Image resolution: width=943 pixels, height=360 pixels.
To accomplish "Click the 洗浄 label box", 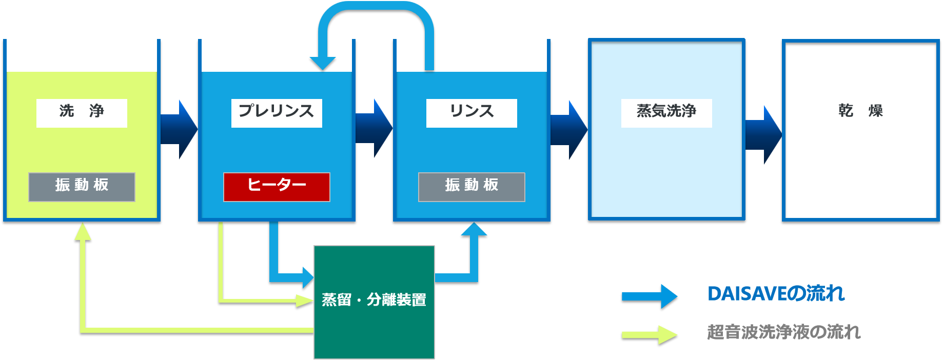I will (x=82, y=113).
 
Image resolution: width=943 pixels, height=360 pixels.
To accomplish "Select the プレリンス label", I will (x=277, y=113).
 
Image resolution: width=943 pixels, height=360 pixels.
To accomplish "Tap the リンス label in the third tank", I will (x=472, y=113).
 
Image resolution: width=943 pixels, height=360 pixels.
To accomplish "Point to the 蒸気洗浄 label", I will (x=666, y=113).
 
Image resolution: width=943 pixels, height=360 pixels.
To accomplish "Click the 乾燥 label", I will (x=860, y=113).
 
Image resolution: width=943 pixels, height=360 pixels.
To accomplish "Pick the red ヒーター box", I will (x=277, y=187).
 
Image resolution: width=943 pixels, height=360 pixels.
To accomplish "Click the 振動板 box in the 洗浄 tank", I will (x=82, y=187).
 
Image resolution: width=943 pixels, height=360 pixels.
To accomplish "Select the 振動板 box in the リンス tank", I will (x=472, y=187).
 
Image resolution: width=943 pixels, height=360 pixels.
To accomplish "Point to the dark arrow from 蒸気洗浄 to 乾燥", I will (x=763, y=135).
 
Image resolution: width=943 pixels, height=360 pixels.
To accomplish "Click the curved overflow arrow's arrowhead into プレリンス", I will (x=323, y=63).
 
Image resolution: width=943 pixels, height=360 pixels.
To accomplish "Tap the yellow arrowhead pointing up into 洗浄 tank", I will (x=83, y=231).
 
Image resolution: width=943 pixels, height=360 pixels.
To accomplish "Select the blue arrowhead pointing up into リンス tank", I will (x=474, y=229).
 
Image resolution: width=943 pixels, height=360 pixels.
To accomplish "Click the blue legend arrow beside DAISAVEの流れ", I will (x=650, y=296).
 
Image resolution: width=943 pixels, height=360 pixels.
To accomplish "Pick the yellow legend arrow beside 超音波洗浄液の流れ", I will (x=650, y=334).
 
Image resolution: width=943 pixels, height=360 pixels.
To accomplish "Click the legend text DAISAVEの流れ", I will (x=776, y=294).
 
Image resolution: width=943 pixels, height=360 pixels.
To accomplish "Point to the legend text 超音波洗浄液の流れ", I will (x=783, y=332).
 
